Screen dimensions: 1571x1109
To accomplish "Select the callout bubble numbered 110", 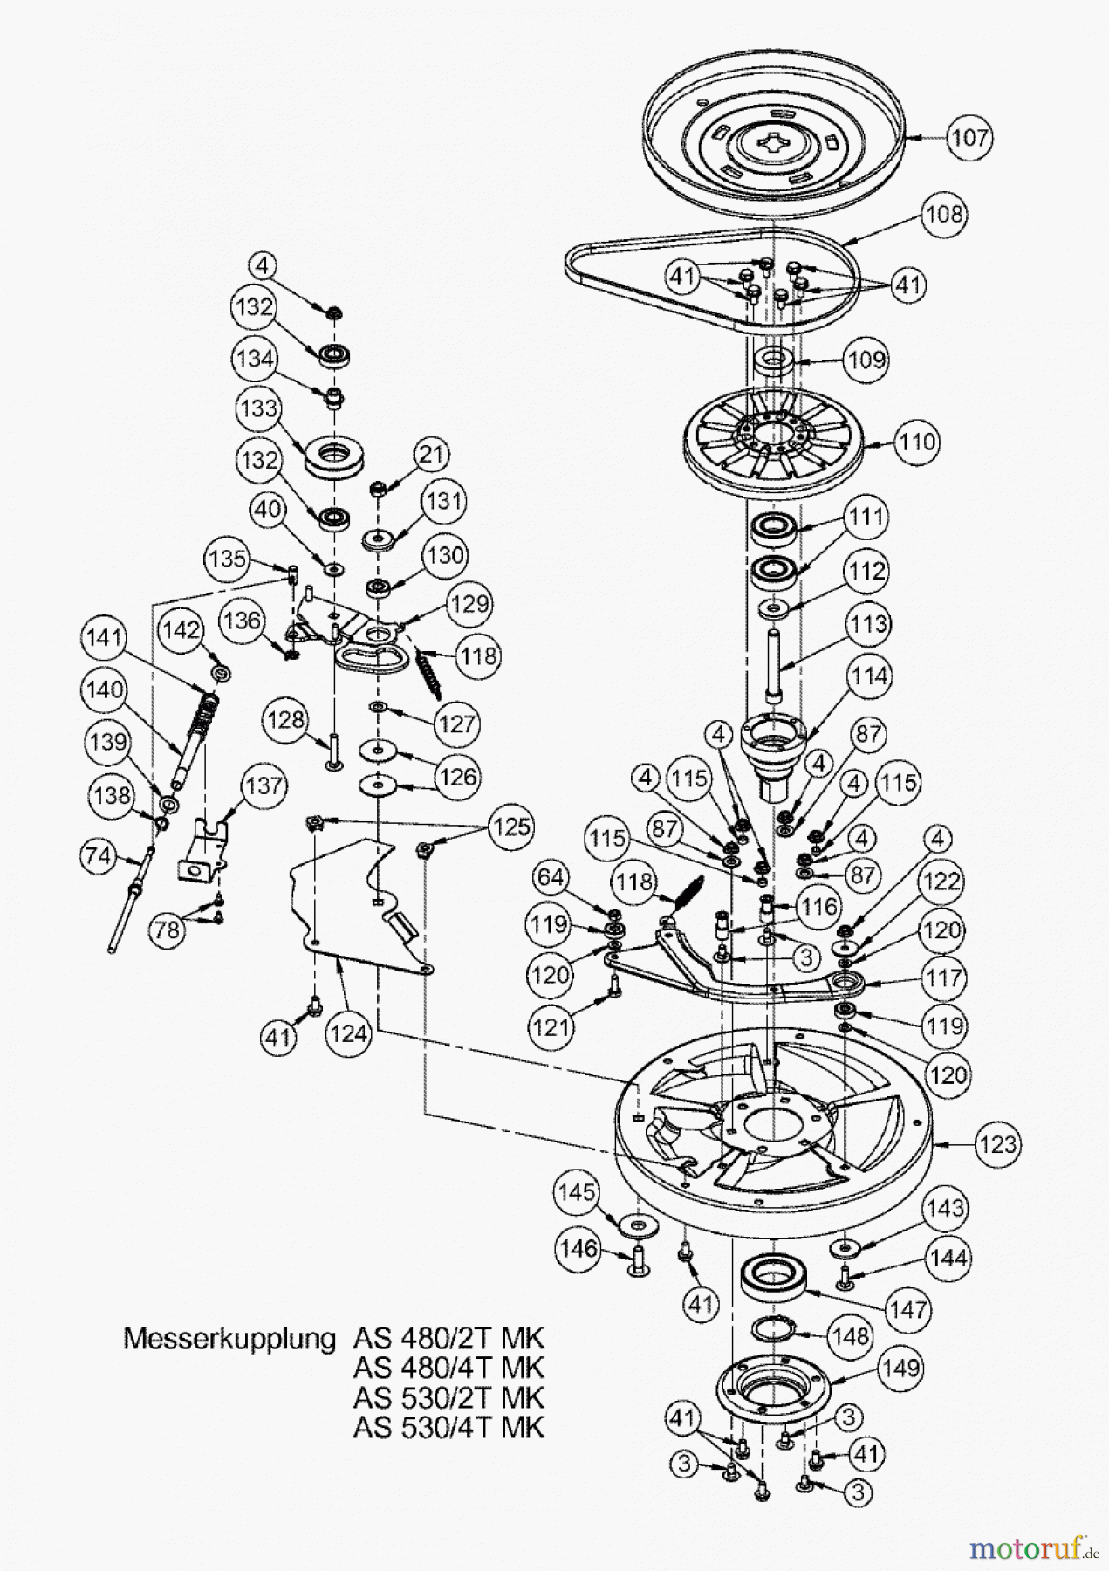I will pyautogui.click(x=916, y=442).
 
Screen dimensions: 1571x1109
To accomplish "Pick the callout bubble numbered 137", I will pyautogui.click(x=264, y=785).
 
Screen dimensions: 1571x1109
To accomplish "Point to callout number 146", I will pyautogui.click(x=579, y=1249).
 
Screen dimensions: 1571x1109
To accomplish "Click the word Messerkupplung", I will pyautogui.click(x=229, y=1339).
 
